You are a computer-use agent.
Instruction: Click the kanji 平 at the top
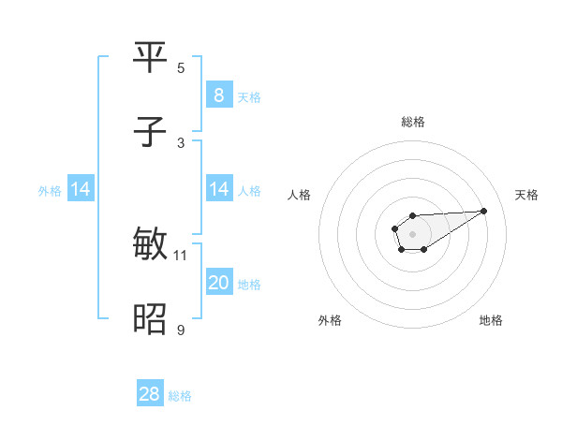[150, 58]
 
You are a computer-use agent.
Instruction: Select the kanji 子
[150, 133]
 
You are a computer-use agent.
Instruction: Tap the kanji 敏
[150, 245]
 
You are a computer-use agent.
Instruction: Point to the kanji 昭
[150, 320]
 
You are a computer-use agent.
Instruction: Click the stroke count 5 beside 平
[181, 67]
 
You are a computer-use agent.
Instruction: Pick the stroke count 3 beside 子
[181, 142]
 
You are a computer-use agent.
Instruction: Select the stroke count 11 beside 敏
[181, 255]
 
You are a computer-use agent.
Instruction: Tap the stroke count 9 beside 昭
[181, 330]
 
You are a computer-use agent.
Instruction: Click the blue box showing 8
[218, 95]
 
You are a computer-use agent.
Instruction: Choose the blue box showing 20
[218, 283]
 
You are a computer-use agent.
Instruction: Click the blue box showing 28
[150, 394]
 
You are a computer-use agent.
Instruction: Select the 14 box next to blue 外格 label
[81, 189]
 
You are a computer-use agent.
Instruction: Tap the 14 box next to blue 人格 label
[218, 189]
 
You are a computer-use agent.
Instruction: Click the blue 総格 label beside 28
[180, 396]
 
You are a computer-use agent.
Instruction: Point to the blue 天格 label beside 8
[248, 96]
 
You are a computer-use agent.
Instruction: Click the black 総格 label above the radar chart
[412, 122]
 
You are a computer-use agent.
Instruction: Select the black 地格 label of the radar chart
[491, 320]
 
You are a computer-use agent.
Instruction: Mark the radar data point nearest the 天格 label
[484, 210]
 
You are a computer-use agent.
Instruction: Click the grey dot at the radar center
[412, 232]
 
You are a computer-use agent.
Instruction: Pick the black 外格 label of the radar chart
[330, 320]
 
